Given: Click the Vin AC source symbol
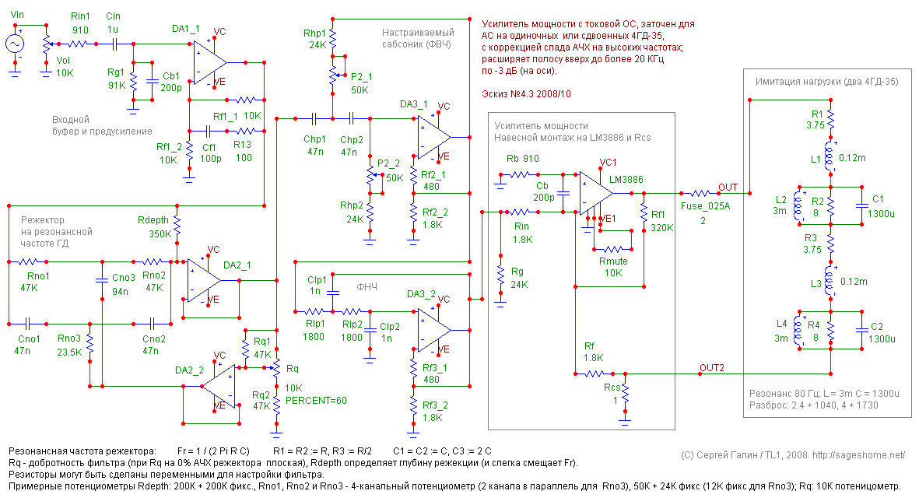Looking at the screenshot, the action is (15, 44).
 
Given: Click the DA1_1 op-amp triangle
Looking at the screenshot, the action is (210, 61).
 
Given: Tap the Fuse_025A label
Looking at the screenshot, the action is (705, 206).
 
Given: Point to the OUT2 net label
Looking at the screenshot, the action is (711, 367).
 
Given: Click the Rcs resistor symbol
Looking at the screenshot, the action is (626, 394).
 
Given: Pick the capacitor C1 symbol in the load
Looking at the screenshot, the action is (861, 205).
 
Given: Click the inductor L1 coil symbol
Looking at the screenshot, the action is (830, 156).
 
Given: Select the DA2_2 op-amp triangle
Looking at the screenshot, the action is (219, 386).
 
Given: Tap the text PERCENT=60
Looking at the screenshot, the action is (316, 401).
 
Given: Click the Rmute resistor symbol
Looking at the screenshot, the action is (612, 249).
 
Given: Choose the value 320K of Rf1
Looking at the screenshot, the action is (662, 227).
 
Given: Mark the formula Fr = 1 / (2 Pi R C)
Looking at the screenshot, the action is (213, 451).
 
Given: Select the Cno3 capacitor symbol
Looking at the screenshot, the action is (103, 280).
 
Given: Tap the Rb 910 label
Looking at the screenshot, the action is (523, 158).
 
